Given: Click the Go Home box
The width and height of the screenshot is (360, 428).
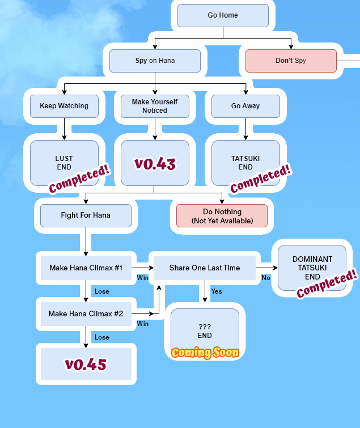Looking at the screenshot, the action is point(223,15).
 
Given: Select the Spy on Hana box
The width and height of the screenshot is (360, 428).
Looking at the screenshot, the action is point(155,61).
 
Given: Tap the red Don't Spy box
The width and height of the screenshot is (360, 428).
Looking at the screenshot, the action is point(291,61).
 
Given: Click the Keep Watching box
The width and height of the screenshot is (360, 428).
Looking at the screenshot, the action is point(64,106).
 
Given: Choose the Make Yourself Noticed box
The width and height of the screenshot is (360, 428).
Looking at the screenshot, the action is point(155,106).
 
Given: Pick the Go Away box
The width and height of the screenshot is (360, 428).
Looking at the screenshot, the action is point(245,106).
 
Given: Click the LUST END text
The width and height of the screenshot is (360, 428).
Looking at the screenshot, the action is point(64,163).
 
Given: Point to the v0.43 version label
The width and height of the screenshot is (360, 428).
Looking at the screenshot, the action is point(155,164).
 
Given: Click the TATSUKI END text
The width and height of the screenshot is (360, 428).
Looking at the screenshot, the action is point(245,163).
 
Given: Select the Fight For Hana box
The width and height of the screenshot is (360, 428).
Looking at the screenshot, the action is point(86,215).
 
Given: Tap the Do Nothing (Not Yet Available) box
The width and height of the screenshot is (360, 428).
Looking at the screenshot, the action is point(222,215).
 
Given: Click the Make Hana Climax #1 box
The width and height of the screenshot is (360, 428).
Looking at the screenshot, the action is point(86,268).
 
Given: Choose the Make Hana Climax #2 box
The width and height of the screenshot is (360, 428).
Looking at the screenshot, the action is point(86,313).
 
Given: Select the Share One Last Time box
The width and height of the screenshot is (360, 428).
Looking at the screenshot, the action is point(205,268).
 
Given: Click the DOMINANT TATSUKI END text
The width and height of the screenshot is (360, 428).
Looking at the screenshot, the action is point(312,268).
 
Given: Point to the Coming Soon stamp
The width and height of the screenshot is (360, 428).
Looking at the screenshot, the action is point(205,353).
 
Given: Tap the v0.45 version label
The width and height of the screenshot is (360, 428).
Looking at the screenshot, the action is point(86,364).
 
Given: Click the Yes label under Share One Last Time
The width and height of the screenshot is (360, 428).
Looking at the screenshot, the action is point(217,291).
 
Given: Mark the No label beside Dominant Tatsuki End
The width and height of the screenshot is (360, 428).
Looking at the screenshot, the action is point(266,278).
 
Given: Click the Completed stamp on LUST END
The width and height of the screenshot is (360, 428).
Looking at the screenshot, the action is point(79,178).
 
